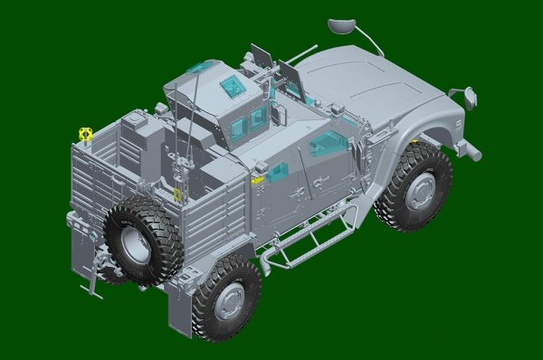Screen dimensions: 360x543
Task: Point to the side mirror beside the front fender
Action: click(x=469, y=93)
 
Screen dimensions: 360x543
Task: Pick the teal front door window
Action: click(x=328, y=142)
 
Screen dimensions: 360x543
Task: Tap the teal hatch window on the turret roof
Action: click(x=232, y=88)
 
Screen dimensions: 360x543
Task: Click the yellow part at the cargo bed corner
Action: click(x=86, y=134)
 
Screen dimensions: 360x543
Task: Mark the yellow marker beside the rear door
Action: click(x=257, y=180)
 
